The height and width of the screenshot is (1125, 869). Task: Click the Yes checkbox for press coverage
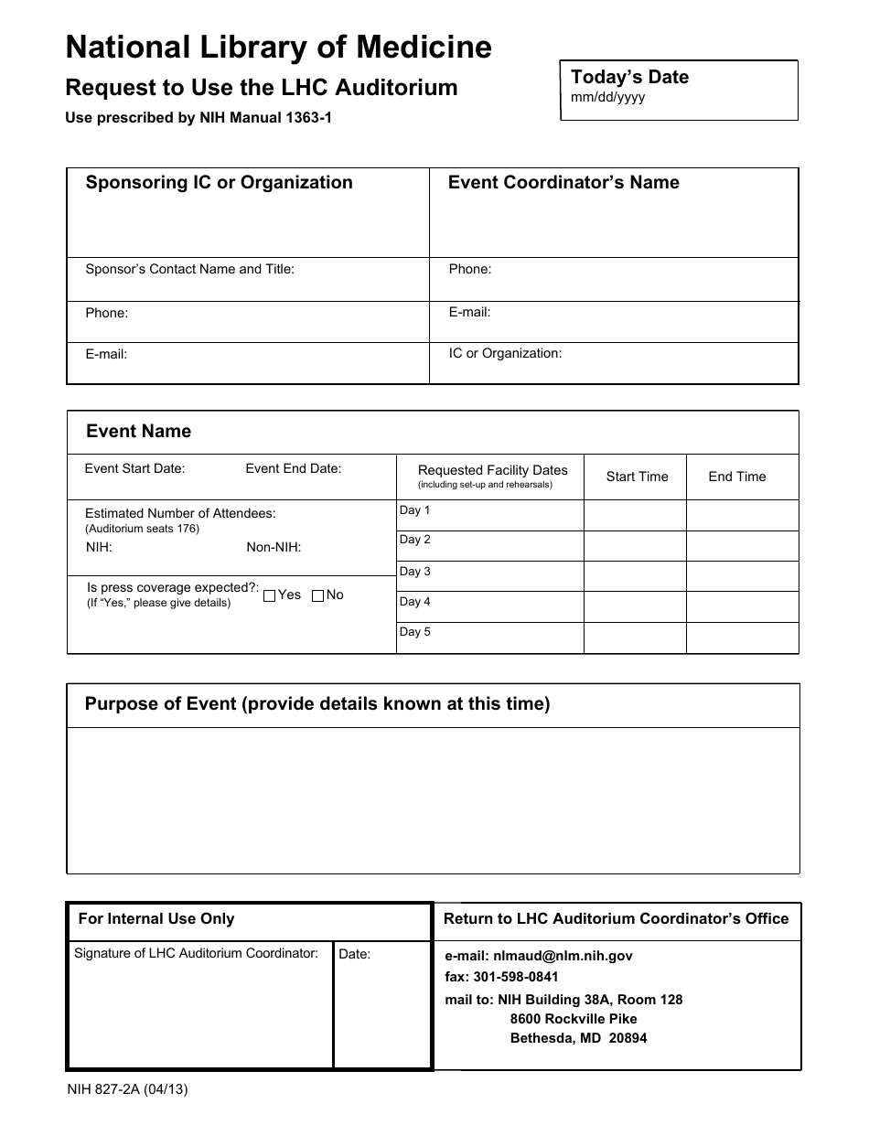coord(269,595)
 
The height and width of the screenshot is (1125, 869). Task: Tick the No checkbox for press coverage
coord(317,595)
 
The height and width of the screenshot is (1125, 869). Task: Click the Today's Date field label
coord(629,77)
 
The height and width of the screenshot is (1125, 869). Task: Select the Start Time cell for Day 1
coord(634,516)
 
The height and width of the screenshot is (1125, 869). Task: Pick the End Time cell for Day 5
coord(741,637)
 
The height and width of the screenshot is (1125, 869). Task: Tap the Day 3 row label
coord(414,572)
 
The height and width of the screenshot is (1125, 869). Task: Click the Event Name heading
coord(138,431)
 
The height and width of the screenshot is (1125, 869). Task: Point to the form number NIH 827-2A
coord(127,1089)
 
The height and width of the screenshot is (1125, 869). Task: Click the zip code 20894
coord(628,1038)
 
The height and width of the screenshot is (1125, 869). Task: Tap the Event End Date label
coord(293,468)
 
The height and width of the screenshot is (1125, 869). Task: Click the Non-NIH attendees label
coord(274,548)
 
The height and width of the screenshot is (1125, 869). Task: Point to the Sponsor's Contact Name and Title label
coord(189,269)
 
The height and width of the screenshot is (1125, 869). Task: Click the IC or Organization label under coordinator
coord(505,353)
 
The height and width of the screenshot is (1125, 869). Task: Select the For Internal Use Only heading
coord(156,919)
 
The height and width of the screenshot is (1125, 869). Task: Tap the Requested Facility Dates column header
coord(492,470)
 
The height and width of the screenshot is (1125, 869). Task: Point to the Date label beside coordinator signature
coord(354,954)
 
